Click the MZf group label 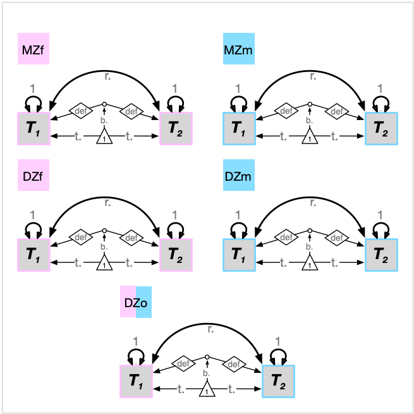click(33, 49)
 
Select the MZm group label click(238, 49)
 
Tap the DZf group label click(33, 176)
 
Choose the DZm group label click(238, 176)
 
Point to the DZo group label click(136, 302)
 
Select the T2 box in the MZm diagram click(381, 128)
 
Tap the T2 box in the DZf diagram click(175, 255)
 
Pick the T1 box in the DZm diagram click(238, 255)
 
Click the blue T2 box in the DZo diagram click(278, 381)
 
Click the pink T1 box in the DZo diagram click(136, 381)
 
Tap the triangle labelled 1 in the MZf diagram click(104, 136)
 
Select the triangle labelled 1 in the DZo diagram click(207, 390)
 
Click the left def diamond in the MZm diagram click(286, 111)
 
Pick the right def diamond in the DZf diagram click(131, 238)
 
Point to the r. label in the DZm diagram click(313, 204)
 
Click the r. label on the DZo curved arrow click(210, 329)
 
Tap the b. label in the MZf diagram click(104, 120)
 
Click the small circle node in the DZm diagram click(310, 230)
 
